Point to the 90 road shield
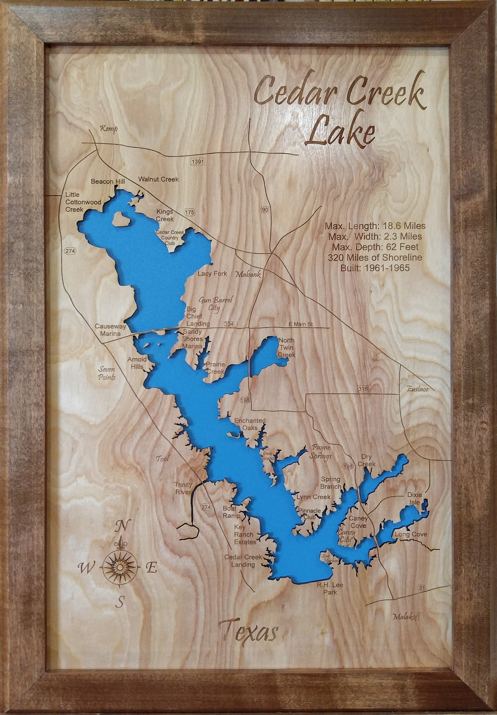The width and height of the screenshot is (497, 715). coord(265,210)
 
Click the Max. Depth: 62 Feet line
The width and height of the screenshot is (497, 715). coord(375,247)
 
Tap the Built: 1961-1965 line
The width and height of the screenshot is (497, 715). coord(375,268)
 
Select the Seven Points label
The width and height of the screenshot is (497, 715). coord(106,373)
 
